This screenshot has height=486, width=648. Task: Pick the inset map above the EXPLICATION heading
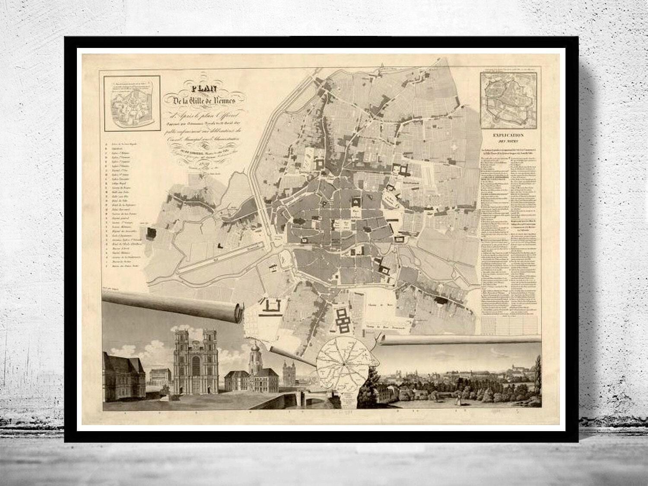[x=510, y=98]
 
